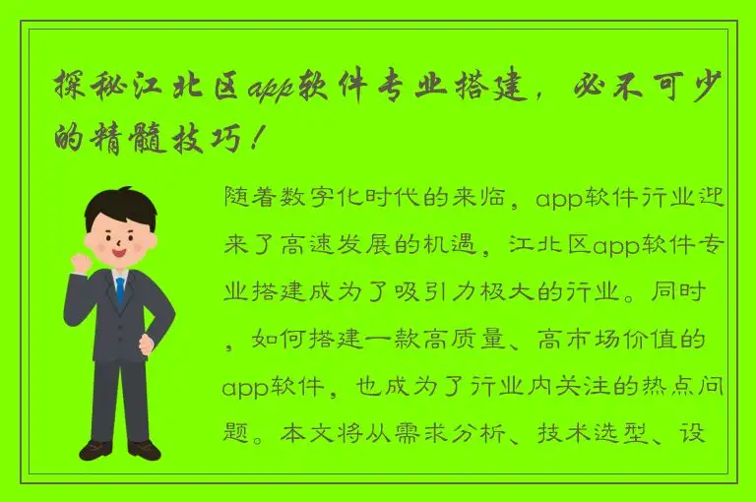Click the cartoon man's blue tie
pyautogui.click(x=120, y=291)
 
